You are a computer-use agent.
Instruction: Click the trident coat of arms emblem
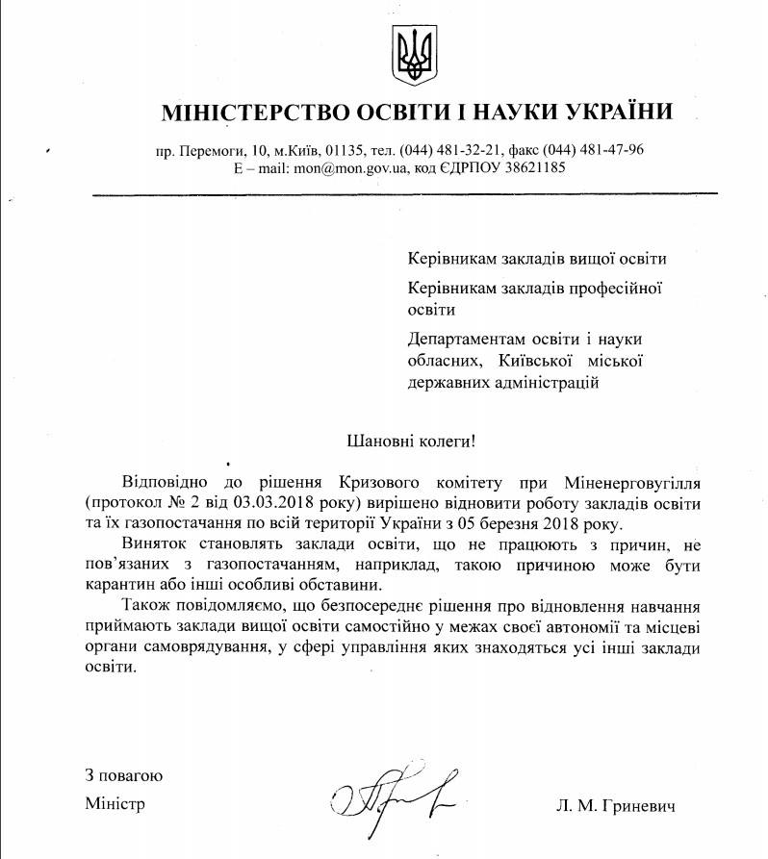coord(416,57)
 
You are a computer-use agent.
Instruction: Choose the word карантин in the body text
coord(121,585)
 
